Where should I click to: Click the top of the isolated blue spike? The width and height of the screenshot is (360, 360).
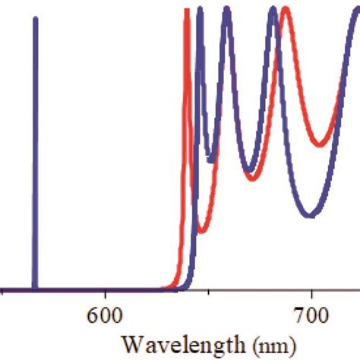click(35, 18)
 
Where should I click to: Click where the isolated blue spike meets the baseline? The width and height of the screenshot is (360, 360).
click(35, 289)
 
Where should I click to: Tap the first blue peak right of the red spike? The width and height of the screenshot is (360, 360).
click(199, 10)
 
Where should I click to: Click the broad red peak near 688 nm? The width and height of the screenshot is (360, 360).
click(286, 10)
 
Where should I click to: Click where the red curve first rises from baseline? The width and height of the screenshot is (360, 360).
click(169, 286)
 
